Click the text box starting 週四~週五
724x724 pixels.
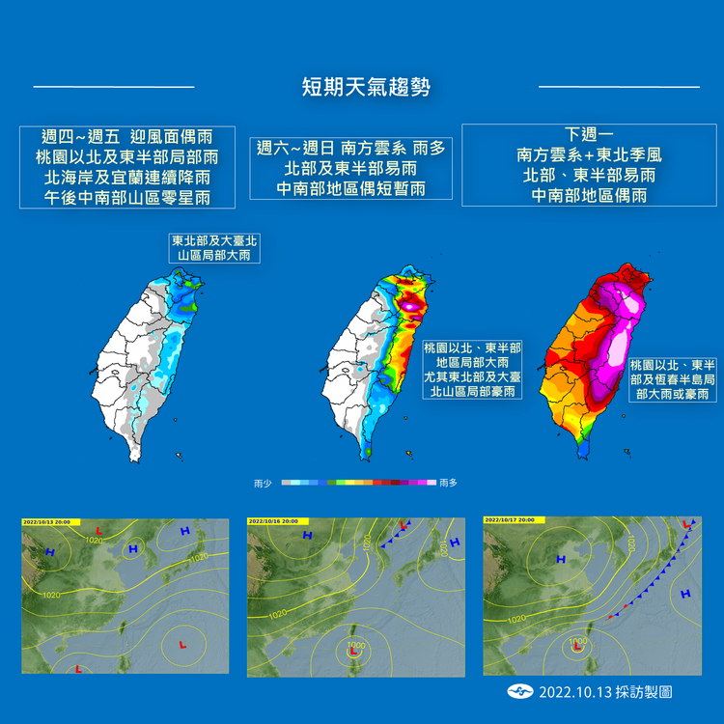[126, 167]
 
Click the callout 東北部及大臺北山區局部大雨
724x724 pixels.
[214, 247]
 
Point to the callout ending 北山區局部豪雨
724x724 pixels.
[473, 370]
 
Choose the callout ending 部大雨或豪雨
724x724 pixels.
[672, 379]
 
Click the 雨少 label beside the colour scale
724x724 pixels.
[262, 481]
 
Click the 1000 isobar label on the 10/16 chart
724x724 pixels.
[358, 644]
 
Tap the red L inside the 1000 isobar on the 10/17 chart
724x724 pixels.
[576, 648]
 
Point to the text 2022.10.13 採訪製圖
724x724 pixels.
[604, 692]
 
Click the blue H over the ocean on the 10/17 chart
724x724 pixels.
[685, 594]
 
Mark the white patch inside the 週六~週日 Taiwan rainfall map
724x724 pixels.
[412, 306]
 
